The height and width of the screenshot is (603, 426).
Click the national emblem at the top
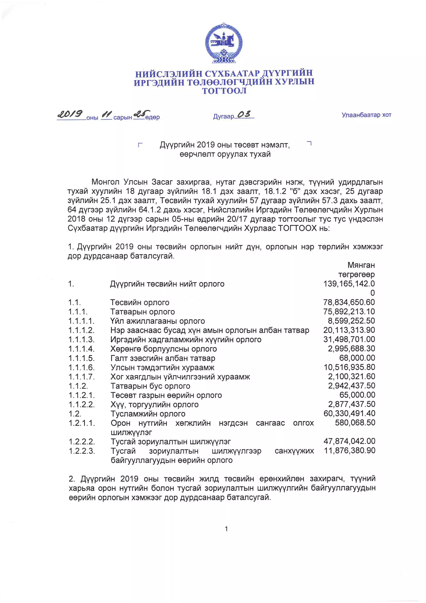224,43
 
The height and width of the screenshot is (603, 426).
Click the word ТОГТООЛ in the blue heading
224,91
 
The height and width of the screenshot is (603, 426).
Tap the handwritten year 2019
70,114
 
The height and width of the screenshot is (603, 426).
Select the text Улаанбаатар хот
366,115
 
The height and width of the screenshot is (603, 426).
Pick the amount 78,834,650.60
349,302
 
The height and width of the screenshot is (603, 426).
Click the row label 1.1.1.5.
81,358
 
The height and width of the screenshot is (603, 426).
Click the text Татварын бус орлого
150,386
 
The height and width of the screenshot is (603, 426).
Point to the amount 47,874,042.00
349,441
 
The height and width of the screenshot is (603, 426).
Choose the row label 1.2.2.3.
82,451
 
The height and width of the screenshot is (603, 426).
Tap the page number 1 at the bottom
226,529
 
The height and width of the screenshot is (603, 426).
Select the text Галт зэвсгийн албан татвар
163,358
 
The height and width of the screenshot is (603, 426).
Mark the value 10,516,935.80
349,367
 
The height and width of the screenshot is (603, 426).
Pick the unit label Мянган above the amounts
361,265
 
